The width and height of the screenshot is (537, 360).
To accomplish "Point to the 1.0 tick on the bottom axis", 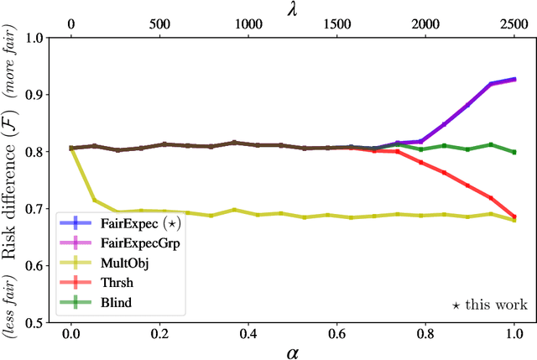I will tap(514, 332).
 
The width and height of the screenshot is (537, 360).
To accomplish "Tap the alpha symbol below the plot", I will tap(292, 351).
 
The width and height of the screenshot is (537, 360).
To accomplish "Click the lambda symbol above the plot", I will tap(292, 9).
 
